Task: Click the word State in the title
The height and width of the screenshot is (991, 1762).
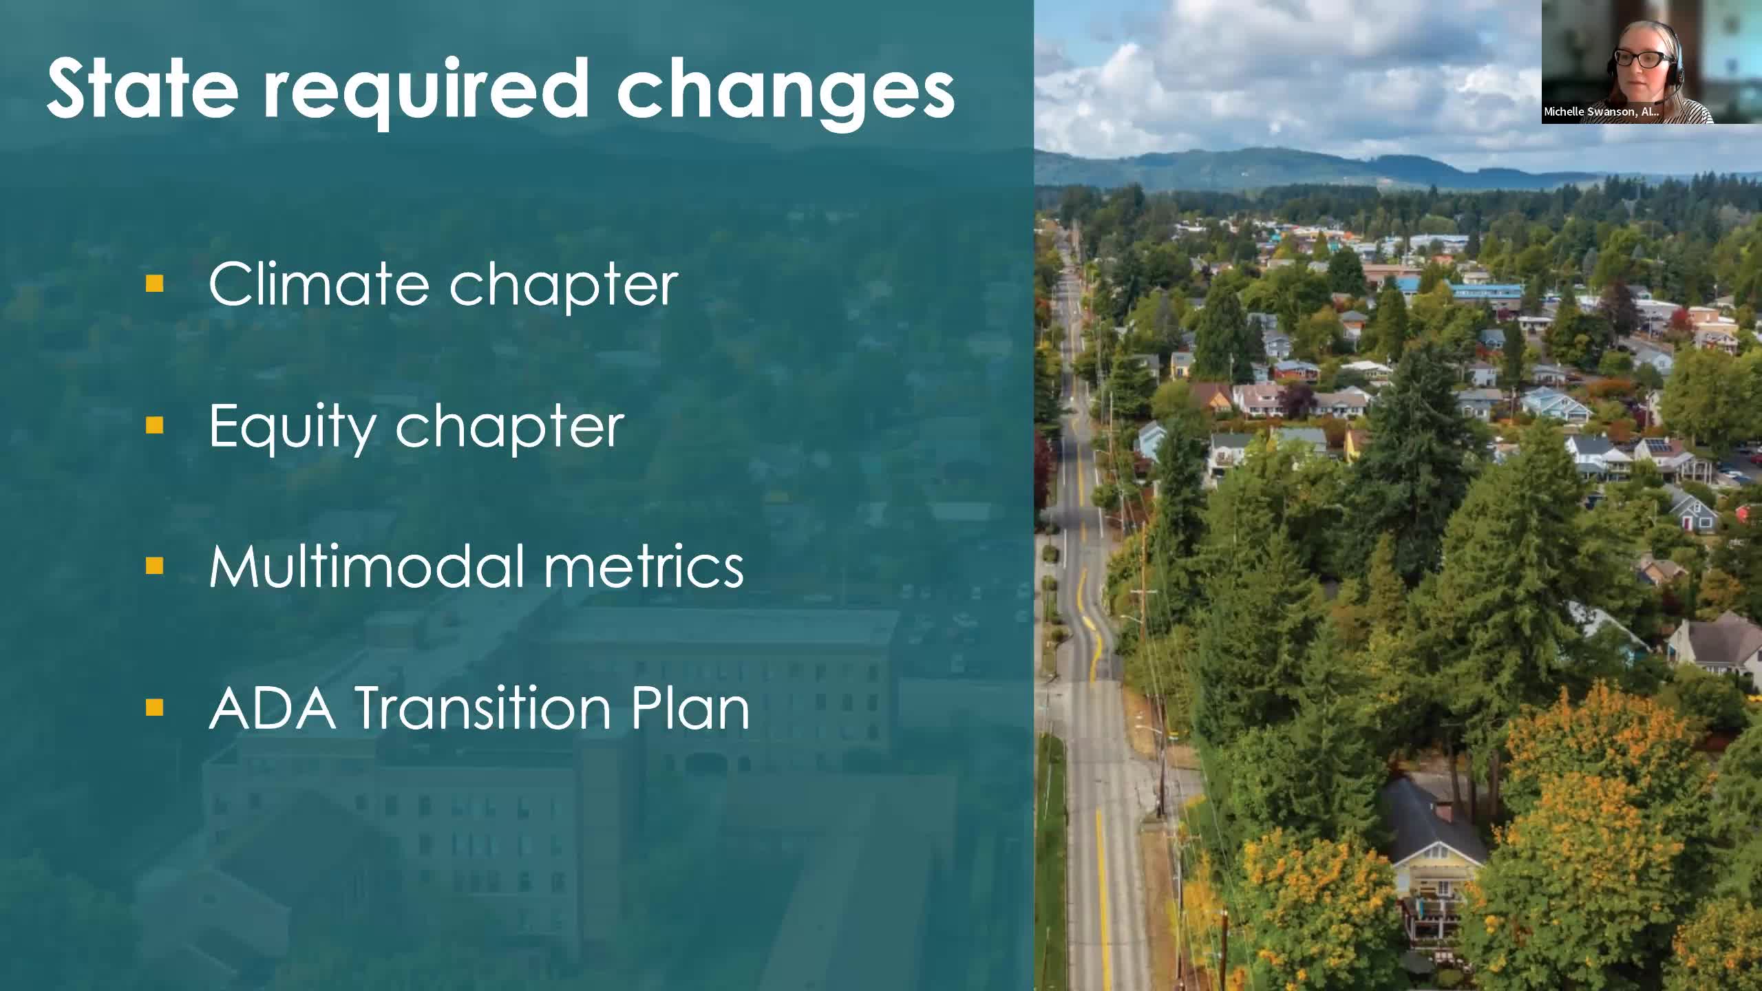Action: tap(142, 88)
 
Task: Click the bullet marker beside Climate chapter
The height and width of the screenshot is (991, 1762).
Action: tap(155, 283)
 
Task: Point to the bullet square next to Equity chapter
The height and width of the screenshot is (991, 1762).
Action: tap(155, 425)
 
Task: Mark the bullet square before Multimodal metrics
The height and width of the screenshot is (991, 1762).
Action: tap(155, 566)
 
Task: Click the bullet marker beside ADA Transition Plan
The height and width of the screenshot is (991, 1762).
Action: tap(155, 707)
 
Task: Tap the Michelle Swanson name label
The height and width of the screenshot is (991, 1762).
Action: tap(1601, 111)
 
